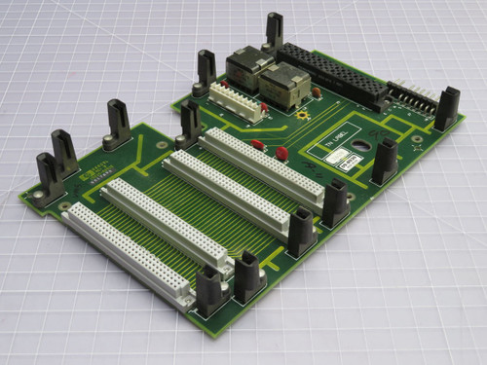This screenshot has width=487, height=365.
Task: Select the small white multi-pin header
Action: pyautogui.click(x=236, y=101)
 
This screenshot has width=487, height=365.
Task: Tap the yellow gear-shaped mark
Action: pyautogui.click(x=304, y=114)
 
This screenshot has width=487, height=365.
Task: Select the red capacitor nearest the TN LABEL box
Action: pyautogui.click(x=281, y=152)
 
